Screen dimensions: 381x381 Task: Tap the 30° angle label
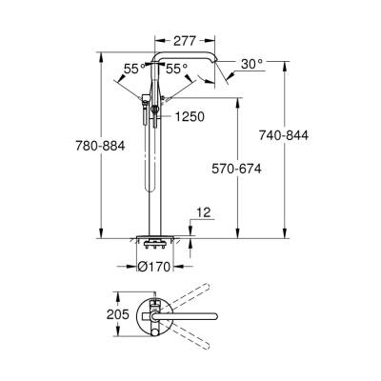[251, 64]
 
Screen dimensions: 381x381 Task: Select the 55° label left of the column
[134, 69]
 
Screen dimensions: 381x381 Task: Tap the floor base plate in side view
[154, 239]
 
